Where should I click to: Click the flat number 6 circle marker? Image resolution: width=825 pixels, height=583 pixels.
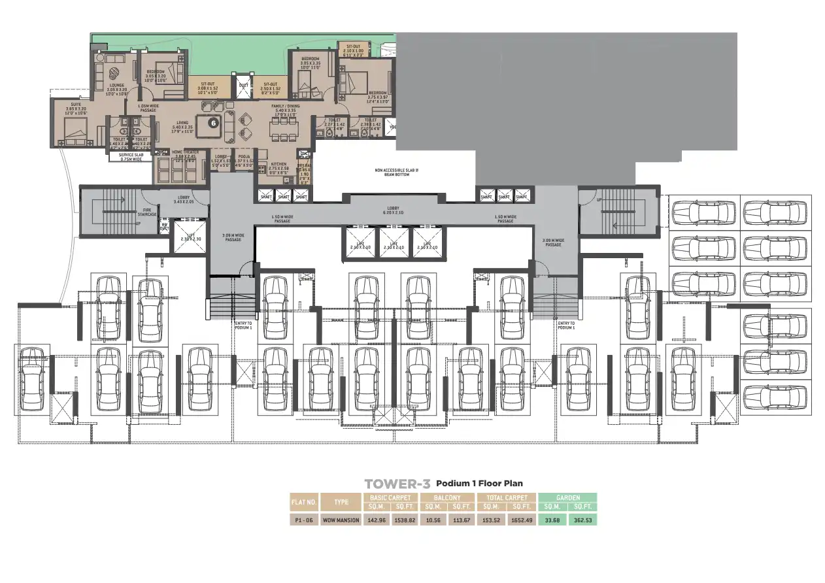pos(212,122)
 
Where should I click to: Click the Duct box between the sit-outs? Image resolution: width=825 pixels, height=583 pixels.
pos(243,86)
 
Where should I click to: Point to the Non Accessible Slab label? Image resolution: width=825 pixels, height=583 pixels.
pos(396,173)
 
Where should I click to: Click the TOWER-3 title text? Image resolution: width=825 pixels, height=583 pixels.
pos(397,484)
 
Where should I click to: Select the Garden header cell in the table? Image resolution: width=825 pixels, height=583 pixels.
pos(567,498)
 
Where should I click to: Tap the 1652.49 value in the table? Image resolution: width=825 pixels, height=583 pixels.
pos(521,520)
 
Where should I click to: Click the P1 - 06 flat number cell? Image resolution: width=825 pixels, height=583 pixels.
pos(304,520)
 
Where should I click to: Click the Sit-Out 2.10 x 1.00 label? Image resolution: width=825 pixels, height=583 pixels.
pos(354,49)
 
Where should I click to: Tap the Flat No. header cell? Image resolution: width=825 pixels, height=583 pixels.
pos(304,502)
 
